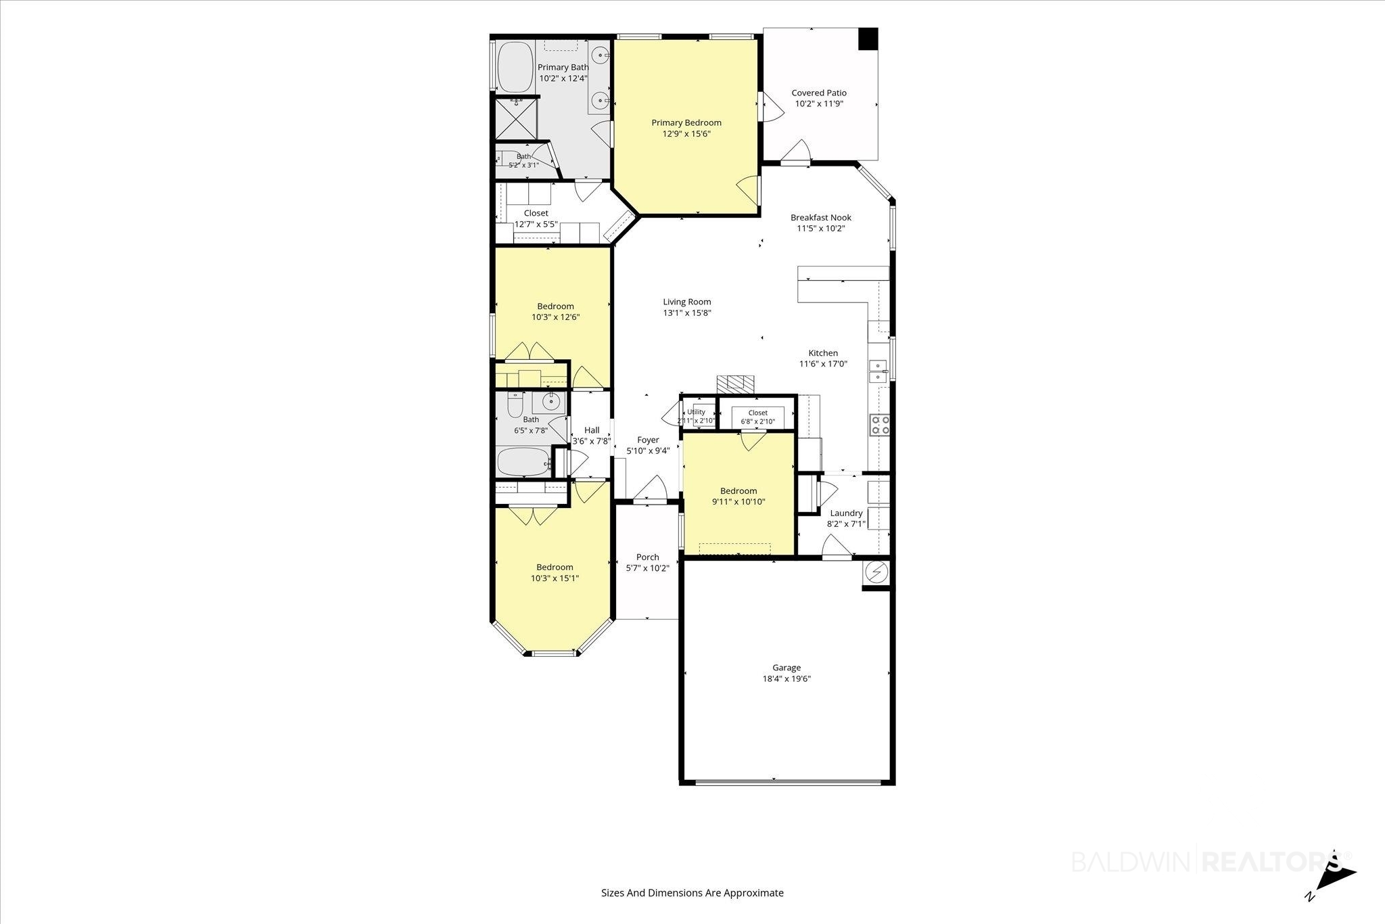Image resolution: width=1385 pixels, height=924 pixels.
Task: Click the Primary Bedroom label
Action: [x=686, y=122]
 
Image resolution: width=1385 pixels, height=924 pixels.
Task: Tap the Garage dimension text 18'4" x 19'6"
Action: [x=787, y=678]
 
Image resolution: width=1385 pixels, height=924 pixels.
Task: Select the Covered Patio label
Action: [x=819, y=93]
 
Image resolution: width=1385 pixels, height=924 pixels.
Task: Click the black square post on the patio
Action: [x=868, y=38]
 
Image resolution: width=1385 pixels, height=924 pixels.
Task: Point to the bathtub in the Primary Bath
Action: [x=517, y=68]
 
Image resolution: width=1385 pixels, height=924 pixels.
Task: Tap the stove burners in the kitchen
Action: [x=879, y=425]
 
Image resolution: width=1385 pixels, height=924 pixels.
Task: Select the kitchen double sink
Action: [x=879, y=371]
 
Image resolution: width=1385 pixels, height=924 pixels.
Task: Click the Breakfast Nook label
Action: [x=821, y=217]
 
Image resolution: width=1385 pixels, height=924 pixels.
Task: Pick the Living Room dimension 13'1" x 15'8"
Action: [x=687, y=313]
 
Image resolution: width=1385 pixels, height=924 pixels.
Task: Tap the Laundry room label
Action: [x=846, y=513]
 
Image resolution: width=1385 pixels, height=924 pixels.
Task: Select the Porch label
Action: [x=647, y=557]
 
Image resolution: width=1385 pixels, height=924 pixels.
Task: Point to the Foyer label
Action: [x=648, y=440]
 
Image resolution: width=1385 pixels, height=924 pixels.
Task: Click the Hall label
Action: [x=592, y=430]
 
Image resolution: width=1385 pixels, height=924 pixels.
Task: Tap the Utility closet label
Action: [x=696, y=411]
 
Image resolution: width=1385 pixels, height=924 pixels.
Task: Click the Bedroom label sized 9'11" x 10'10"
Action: [x=738, y=490]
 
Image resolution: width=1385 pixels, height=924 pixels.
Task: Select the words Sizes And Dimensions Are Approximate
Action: [x=692, y=892]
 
